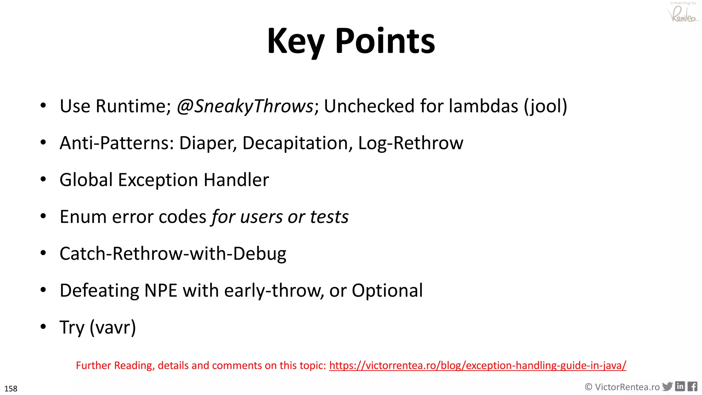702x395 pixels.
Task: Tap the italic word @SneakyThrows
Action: point(245,106)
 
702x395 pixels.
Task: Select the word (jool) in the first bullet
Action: point(545,106)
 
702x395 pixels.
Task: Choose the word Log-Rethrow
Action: point(410,143)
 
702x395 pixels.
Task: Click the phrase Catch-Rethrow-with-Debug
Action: point(173,254)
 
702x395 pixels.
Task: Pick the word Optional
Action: point(387,291)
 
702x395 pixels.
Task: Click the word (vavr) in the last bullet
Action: point(113,327)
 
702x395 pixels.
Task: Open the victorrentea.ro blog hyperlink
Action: point(477,366)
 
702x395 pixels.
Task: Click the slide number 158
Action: point(11,389)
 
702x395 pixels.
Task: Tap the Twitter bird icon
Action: point(667,387)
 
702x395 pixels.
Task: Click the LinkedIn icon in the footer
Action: point(680,386)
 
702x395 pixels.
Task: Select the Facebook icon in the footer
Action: point(692,387)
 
